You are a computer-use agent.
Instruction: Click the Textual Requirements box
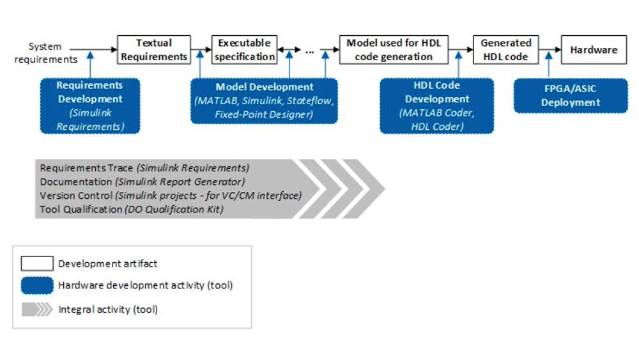pyautogui.click(x=154, y=50)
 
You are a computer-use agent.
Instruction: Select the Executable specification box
pyautogui.click(x=244, y=50)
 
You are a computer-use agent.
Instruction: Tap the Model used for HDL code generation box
pyautogui.click(x=394, y=50)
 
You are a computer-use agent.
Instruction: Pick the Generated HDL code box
pyautogui.click(x=505, y=50)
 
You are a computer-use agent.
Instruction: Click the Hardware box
pyautogui.click(x=594, y=50)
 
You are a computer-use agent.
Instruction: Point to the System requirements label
pyautogui.click(x=45, y=52)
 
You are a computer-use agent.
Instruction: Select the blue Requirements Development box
pyautogui.click(x=90, y=106)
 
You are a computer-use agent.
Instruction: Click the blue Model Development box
pyautogui.click(x=264, y=100)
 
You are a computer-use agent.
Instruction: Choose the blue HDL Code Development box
pyautogui.click(x=437, y=106)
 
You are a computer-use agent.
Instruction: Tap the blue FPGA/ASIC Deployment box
pyautogui.click(x=571, y=96)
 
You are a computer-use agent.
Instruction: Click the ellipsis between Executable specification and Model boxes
pyautogui.click(x=310, y=52)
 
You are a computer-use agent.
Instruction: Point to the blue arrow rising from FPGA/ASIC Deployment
pyautogui.click(x=548, y=65)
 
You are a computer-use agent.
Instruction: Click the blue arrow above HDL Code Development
pyautogui.click(x=458, y=65)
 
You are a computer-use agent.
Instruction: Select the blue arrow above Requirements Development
pyautogui.click(x=90, y=65)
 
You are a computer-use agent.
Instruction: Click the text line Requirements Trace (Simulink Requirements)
pyautogui.click(x=144, y=168)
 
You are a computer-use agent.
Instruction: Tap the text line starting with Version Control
pyautogui.click(x=171, y=196)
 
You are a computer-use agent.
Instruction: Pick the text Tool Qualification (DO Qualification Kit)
pyautogui.click(x=132, y=210)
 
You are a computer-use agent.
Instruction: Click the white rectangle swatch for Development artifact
pyautogui.click(x=37, y=263)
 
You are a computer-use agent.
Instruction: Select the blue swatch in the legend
pyautogui.click(x=37, y=285)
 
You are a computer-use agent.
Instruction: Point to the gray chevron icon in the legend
pyautogui.click(x=37, y=309)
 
